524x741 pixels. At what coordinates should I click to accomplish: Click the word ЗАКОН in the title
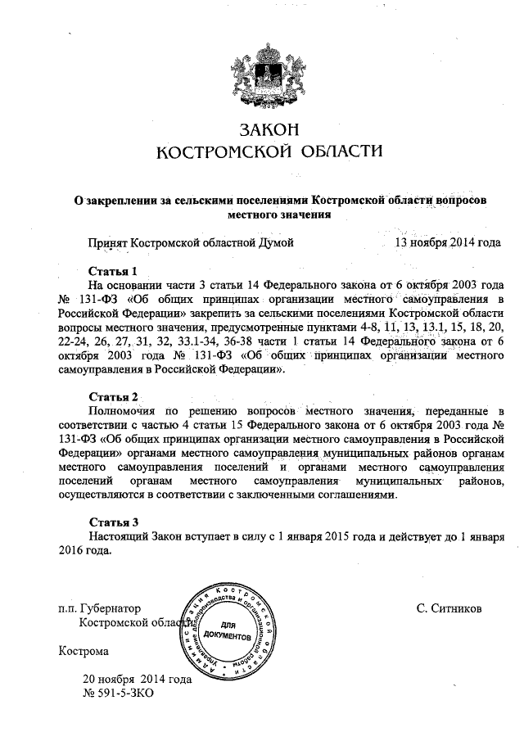pos(268,129)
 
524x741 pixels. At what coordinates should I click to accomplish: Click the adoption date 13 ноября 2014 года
pos(447,243)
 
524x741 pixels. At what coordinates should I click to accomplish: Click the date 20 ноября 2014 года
pos(137,679)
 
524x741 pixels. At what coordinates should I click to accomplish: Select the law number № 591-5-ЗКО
pos(118,693)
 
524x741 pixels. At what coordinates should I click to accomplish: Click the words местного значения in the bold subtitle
pos(279,215)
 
